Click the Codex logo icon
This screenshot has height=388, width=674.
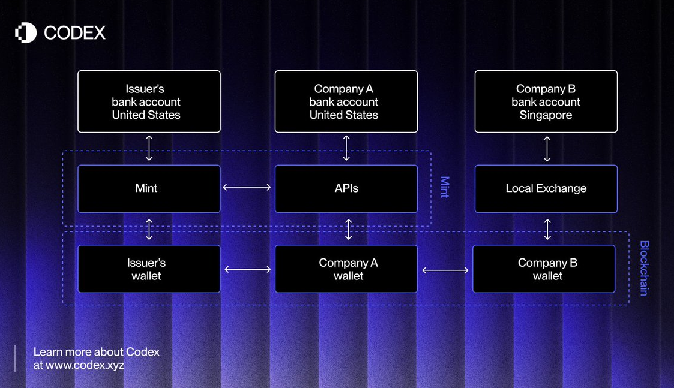26,32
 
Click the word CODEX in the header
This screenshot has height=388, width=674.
75,33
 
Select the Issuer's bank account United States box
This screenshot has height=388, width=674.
149,101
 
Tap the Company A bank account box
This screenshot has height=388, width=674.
346,101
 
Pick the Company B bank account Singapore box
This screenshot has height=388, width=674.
546,101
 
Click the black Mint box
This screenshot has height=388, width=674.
149,189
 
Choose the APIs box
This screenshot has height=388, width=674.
346,189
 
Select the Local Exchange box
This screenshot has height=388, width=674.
546,189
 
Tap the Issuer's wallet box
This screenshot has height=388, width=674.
149,269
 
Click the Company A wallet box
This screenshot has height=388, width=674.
346,269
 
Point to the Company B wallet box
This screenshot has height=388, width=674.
544,269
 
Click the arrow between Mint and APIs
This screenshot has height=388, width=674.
247,187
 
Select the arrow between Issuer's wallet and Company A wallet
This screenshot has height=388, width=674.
248,269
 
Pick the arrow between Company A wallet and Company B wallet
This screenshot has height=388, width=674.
445,270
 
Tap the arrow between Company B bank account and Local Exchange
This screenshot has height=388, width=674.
547,149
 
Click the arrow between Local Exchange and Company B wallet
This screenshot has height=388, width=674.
547,230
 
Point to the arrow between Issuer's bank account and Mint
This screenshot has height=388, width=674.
149,148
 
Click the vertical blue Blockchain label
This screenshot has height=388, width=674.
644,268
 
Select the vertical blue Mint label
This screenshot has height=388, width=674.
445,187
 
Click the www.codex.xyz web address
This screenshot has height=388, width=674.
85,365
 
